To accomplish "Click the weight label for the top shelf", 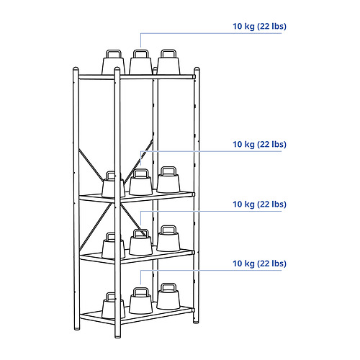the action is tap(259, 27).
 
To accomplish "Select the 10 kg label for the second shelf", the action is tap(259, 145).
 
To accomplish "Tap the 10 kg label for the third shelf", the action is tap(259, 204).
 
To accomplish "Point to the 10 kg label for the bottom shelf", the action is tap(259, 264).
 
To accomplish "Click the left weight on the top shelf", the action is tap(113, 63).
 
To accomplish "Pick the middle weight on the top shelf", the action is tap(140, 63).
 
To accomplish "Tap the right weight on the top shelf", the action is tap(168, 62).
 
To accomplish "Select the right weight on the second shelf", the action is tap(168, 179).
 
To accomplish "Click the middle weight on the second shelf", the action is tap(140, 182).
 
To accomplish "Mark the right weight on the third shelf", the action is tap(168, 238).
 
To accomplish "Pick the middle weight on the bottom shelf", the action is tap(140, 301).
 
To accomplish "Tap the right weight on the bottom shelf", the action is tap(168, 297).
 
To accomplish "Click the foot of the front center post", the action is tap(117, 336).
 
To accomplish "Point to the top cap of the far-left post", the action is tap(76, 69).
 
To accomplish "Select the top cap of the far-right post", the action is tap(197, 69).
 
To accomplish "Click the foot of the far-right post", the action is tap(196, 322).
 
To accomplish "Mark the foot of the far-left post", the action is tap(77, 328).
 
